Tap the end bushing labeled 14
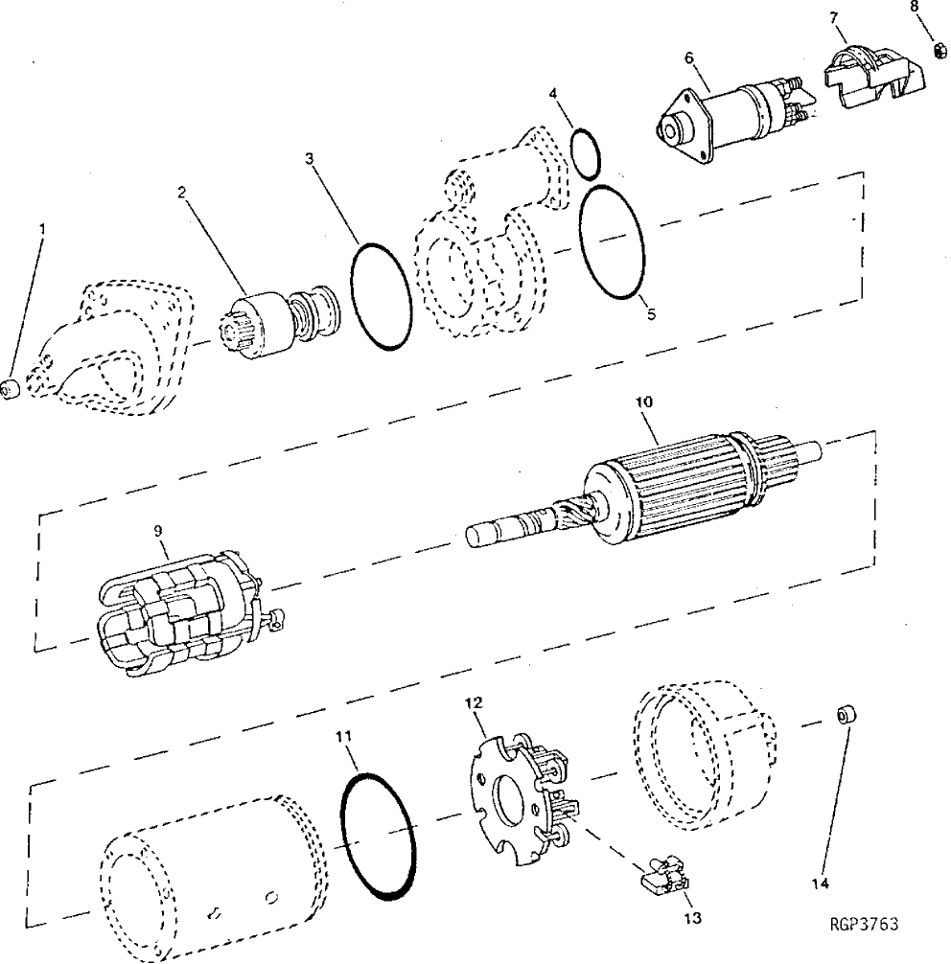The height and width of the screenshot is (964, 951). (x=845, y=717)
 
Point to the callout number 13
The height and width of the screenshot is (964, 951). (x=693, y=918)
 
